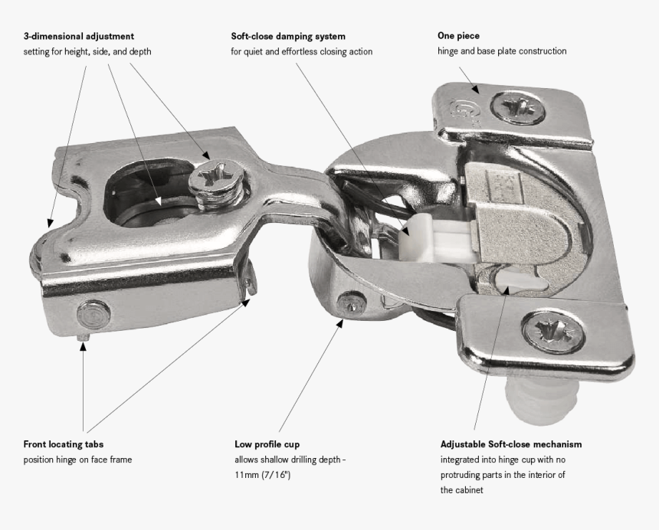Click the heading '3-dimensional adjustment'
coord(79,36)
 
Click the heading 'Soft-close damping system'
coord(287,36)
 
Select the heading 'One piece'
coord(458,36)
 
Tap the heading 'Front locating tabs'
coord(64,444)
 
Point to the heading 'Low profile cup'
coord(267,444)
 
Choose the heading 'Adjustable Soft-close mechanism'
coord(510,444)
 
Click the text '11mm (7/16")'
coord(263,476)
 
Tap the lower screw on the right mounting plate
coord(545,330)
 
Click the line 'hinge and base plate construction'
coord(502,51)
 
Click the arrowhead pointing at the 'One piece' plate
coord(476,88)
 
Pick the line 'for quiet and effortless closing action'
coord(302,51)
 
